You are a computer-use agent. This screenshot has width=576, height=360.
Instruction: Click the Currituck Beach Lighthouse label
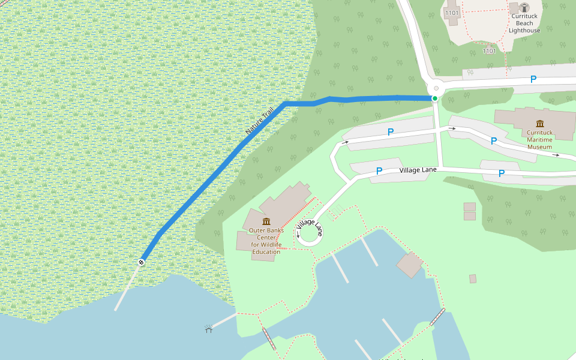coord(524,23)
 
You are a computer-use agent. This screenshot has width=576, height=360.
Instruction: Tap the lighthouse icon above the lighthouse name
coord(524,8)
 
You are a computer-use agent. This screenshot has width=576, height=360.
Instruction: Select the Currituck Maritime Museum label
coord(539,139)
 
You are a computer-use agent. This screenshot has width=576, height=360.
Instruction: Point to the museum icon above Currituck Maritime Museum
coord(539,124)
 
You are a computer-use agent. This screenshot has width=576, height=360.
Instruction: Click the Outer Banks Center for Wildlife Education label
coord(266,241)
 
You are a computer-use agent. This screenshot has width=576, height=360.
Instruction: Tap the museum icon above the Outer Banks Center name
coord(266,221)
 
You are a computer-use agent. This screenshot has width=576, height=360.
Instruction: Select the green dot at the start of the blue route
coord(434,98)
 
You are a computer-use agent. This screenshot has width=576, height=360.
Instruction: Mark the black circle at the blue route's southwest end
coord(142,262)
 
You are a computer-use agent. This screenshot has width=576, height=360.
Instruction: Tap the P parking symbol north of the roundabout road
coord(533,79)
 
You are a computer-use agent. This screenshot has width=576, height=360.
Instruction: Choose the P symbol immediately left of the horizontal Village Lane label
coord(379,172)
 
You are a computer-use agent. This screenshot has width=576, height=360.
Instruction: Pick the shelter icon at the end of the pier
coord(209,328)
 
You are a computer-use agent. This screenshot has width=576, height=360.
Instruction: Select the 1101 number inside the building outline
coord(452,13)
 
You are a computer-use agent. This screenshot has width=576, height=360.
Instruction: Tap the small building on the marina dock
coord(410,265)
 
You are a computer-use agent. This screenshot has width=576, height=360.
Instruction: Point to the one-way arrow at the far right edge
coord(556,155)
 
